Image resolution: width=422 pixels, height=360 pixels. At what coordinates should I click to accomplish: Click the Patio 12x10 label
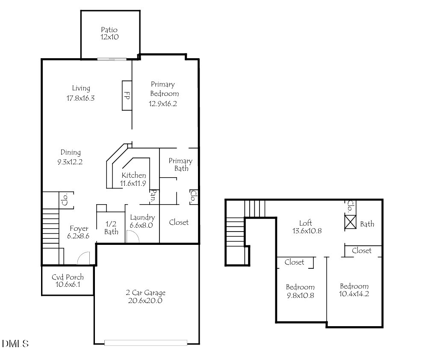[x=109, y=33]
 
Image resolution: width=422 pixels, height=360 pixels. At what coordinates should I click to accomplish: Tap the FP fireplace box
[x=127, y=95]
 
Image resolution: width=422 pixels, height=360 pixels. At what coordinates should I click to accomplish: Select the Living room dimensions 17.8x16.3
[x=80, y=98]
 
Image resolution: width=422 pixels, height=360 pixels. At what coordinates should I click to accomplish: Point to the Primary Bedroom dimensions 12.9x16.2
[x=163, y=104]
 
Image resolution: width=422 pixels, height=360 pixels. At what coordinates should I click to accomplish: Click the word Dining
[x=71, y=152]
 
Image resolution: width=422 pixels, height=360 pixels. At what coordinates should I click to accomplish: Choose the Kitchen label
[x=134, y=175]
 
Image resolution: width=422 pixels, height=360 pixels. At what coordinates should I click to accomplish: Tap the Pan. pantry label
[x=153, y=196]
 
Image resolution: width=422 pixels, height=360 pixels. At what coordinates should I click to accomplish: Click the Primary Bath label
[x=180, y=165]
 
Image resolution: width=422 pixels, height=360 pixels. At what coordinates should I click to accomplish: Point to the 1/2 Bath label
[x=111, y=228]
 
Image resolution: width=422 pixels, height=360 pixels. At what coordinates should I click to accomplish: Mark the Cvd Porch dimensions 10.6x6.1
[x=68, y=285]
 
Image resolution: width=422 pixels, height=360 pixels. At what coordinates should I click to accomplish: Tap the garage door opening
[x=146, y=343]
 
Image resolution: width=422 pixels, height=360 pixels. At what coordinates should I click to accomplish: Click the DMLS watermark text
[x=15, y=344]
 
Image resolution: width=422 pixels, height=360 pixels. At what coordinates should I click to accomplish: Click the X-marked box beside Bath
[x=351, y=222]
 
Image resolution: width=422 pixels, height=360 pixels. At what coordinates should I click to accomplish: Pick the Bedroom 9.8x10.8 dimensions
[x=300, y=296]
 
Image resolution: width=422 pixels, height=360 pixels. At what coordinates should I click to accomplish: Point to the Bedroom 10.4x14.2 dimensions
[x=354, y=294]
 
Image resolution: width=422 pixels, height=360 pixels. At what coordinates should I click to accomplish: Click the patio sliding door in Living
[x=112, y=59]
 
